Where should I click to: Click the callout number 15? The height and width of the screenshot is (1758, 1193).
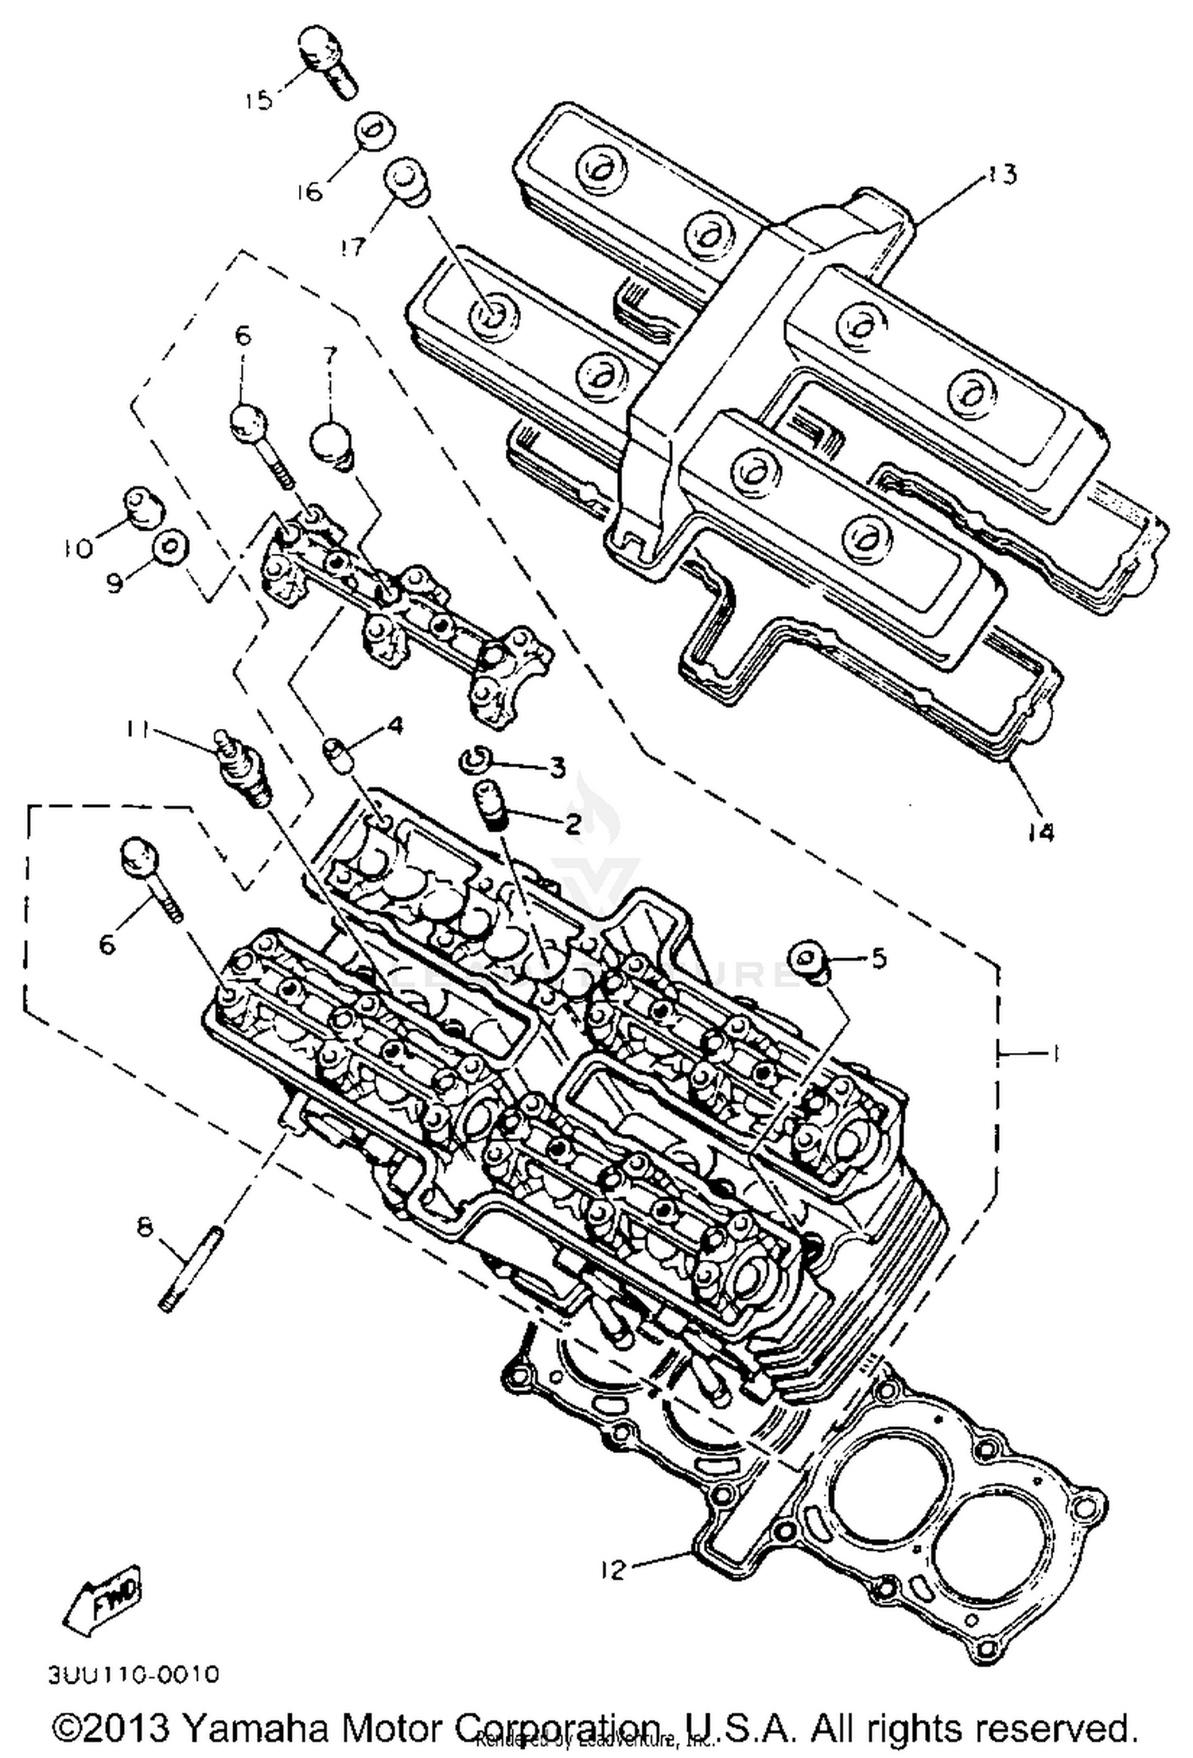(258, 100)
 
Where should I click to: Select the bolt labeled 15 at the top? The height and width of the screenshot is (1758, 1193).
(327, 59)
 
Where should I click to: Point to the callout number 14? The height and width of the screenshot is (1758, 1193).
(1040, 832)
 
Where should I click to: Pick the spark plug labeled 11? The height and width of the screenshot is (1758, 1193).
(243, 768)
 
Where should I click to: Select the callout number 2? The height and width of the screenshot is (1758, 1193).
(573, 824)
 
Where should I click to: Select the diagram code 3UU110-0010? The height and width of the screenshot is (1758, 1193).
(133, 1674)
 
